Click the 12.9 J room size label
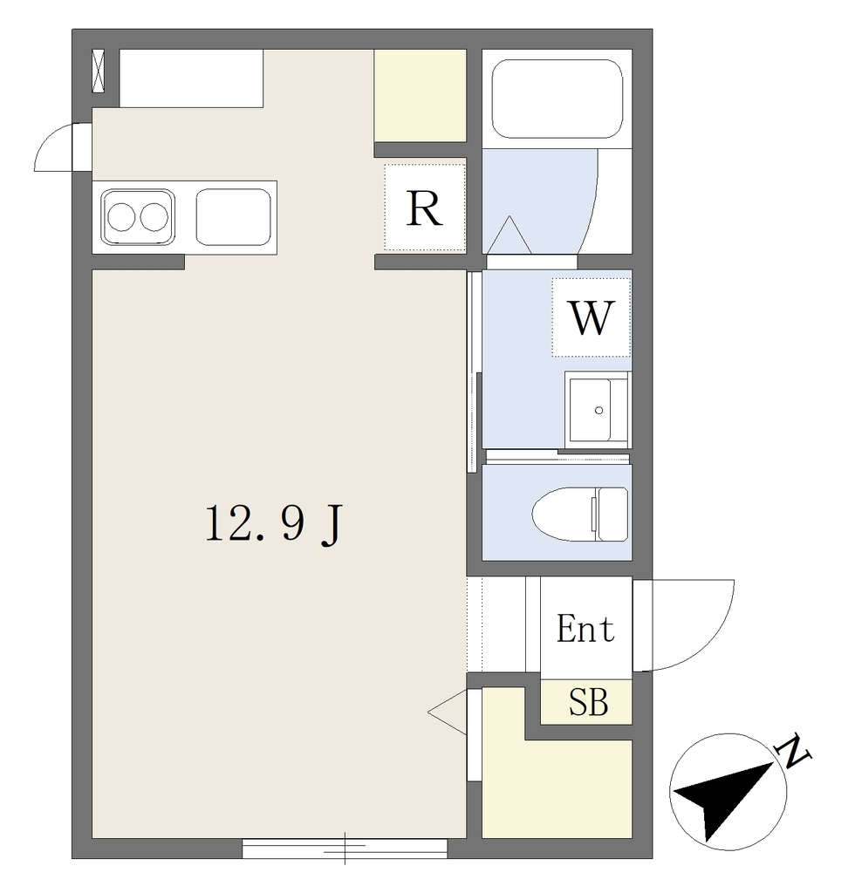pyautogui.click(x=273, y=524)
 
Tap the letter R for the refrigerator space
pyautogui.click(x=424, y=208)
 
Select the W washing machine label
pyautogui.click(x=592, y=317)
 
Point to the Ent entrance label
pyautogui.click(x=585, y=629)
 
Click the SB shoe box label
pyautogui.click(x=588, y=702)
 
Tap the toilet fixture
pyautogui.click(x=580, y=514)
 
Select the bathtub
pyautogui.click(x=557, y=99)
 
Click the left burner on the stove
pyautogui.click(x=121, y=217)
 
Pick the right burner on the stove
pyautogui.click(x=154, y=217)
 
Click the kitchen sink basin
pyautogui.click(x=234, y=217)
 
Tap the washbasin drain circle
pyautogui.click(x=598, y=410)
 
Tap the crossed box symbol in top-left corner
pyautogui.click(x=99, y=71)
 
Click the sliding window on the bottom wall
pyautogui.click(x=345, y=848)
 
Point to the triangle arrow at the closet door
pyautogui.click(x=448, y=712)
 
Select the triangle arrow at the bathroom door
pyautogui.click(x=510, y=235)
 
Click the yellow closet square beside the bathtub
pyautogui.click(x=420, y=96)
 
